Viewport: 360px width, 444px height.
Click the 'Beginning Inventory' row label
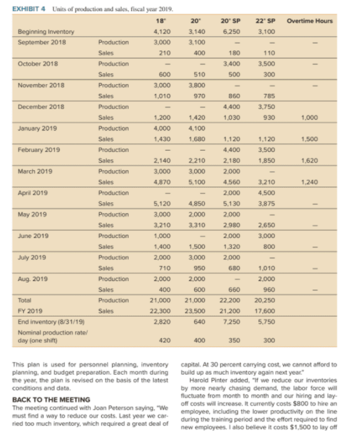(46, 31)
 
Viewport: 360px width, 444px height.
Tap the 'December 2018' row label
(41, 106)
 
